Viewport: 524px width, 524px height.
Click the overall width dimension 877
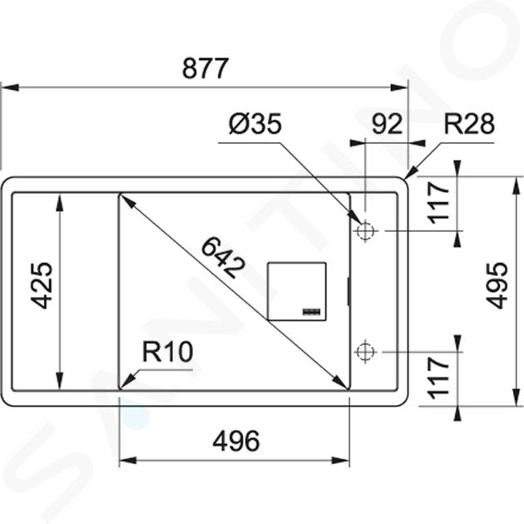[x=205, y=68]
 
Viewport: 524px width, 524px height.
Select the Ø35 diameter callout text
[x=255, y=124]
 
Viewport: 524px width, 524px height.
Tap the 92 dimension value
[x=387, y=124]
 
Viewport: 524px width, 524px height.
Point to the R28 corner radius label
[x=469, y=124]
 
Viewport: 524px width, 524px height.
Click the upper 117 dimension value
[x=439, y=202]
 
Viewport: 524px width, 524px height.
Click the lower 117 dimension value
[x=439, y=378]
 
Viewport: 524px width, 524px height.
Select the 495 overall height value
[x=497, y=285]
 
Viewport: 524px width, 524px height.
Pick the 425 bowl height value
[x=42, y=285]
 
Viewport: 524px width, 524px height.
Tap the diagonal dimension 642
[x=223, y=257]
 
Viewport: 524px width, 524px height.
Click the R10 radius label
[x=168, y=352]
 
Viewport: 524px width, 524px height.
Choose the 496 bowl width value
[x=236, y=441]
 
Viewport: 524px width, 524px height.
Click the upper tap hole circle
[x=365, y=230]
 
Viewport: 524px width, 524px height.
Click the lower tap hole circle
[x=365, y=352]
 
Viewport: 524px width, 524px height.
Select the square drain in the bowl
[x=296, y=292]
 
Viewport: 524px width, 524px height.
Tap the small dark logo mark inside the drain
[x=312, y=311]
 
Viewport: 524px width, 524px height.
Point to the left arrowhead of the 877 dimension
[x=9, y=87]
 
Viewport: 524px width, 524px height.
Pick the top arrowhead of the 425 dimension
[x=60, y=203]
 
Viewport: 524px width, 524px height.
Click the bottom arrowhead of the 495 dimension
[x=517, y=397]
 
